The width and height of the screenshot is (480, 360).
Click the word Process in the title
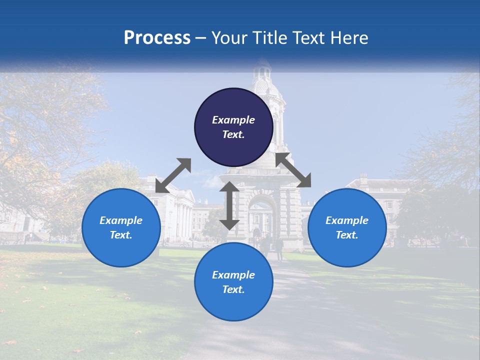tap(157, 38)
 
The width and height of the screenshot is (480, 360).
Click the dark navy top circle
tap(233, 127)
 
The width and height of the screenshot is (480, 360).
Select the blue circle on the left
tap(121, 227)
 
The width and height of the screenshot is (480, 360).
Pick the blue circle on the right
tap(347, 227)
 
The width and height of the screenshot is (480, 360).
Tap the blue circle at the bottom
tap(233, 282)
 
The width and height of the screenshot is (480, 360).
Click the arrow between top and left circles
tap(173, 175)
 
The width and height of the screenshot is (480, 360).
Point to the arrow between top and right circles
tap(293, 170)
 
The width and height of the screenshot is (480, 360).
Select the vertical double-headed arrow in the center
tap(229, 205)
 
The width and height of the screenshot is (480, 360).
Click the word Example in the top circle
tap(233, 120)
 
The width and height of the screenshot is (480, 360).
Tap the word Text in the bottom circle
tap(232, 289)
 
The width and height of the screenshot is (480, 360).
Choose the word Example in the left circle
tap(121, 220)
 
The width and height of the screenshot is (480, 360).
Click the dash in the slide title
tap(201, 38)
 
